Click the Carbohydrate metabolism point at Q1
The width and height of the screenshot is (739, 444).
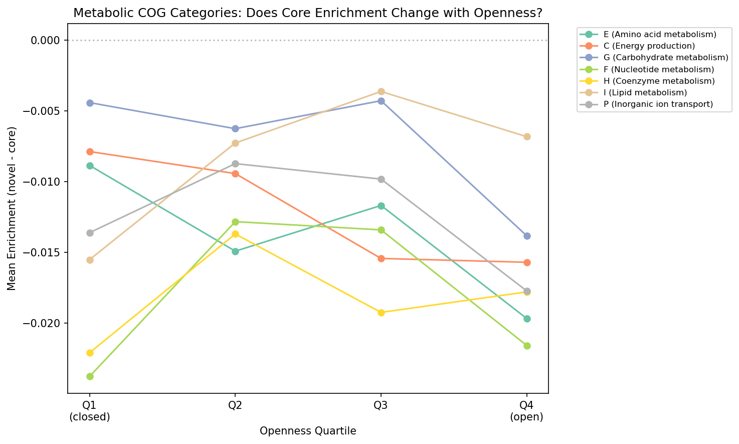[90, 103]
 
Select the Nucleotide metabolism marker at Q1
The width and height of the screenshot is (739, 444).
[90, 376]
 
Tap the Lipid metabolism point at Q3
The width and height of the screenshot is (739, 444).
[381, 91]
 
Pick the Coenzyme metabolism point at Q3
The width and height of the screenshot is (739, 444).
[381, 313]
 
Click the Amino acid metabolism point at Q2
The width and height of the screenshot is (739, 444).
[236, 251]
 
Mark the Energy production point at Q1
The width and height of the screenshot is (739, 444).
[90, 152]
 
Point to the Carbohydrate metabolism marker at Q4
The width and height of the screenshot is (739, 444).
[527, 236]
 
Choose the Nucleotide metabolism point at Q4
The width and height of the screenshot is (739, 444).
[527, 346]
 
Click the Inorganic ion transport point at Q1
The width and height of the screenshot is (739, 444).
[90, 233]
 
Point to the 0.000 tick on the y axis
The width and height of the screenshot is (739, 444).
[46, 40]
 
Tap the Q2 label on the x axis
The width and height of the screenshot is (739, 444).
[236, 405]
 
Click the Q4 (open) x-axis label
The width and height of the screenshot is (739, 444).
[527, 411]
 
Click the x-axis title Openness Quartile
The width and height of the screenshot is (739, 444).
[308, 431]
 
